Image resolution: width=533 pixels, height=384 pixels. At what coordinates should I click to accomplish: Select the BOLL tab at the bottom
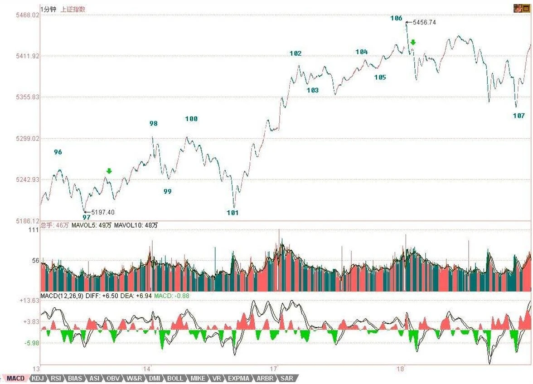click(175, 378)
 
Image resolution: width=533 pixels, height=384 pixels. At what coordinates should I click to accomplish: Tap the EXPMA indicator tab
click(238, 378)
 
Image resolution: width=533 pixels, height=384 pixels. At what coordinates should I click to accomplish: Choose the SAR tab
click(286, 378)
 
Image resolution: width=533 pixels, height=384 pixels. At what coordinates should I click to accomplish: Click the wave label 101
click(233, 213)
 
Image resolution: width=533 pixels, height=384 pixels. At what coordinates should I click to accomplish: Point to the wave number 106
click(396, 18)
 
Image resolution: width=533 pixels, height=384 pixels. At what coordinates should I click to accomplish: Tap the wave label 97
click(87, 218)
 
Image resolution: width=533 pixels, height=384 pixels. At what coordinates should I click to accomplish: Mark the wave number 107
click(519, 116)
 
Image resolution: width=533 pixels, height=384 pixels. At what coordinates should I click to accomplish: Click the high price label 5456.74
click(424, 22)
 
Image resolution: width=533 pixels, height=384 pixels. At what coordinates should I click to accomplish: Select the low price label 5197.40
click(103, 212)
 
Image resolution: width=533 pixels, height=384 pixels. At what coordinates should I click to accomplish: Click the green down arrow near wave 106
click(413, 43)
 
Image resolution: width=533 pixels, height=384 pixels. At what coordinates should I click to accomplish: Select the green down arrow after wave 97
click(109, 171)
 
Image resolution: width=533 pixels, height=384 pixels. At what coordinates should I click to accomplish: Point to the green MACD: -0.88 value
click(172, 296)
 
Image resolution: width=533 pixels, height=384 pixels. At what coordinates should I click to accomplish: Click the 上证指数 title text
click(73, 9)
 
